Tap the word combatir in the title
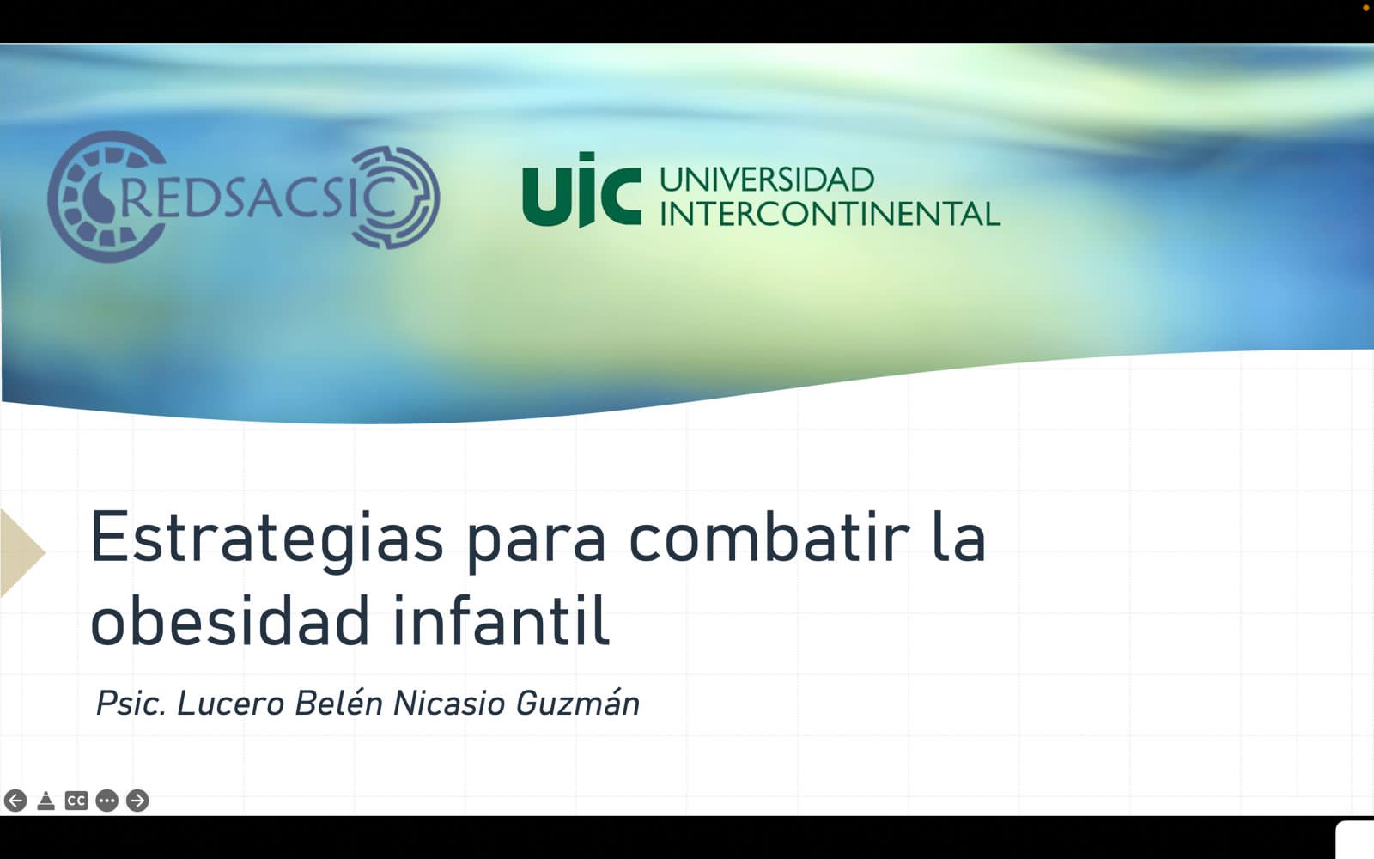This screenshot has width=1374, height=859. point(769,535)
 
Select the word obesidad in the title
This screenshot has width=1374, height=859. point(229,620)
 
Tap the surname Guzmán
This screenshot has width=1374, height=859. point(578,704)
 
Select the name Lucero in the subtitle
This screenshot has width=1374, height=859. point(231,704)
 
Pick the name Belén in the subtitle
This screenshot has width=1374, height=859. point(338,704)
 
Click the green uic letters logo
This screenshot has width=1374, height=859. point(581,190)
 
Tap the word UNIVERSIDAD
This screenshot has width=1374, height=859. point(767,180)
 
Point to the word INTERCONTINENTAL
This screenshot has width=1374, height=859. point(830,214)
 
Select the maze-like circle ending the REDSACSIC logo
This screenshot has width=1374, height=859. point(396,197)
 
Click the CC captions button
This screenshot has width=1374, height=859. point(76,801)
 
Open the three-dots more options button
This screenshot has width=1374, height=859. point(106,801)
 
